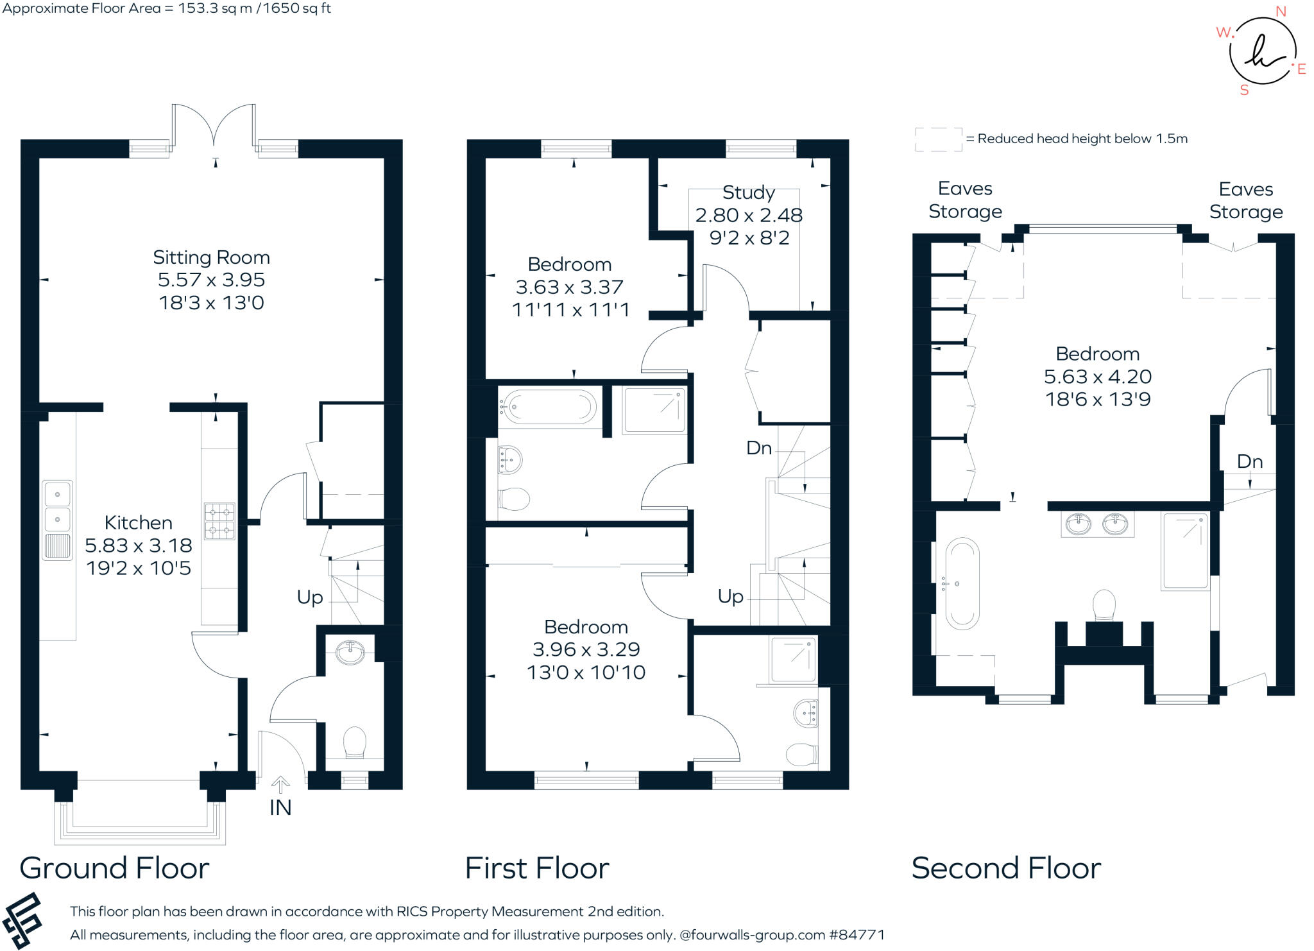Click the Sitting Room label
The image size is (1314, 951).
tap(211, 257)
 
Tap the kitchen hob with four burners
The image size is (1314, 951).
tap(219, 521)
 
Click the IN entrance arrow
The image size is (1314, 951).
tap(280, 785)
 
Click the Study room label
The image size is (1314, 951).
tap(748, 193)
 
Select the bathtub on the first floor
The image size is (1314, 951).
tap(549, 407)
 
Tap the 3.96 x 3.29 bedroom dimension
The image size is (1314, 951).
tap(586, 649)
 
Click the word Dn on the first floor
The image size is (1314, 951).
tap(758, 448)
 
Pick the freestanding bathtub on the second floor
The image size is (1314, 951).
tap(962, 583)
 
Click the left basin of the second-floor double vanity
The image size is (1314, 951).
tap(1078, 524)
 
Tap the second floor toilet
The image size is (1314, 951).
tap(1104, 604)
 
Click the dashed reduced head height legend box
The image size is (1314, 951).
tap(938, 139)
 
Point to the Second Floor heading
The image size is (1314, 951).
tap(1005, 868)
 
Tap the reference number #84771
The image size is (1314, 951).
tap(857, 935)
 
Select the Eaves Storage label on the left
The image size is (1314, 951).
tap(964, 200)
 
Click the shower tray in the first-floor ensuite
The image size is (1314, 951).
tap(793, 659)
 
